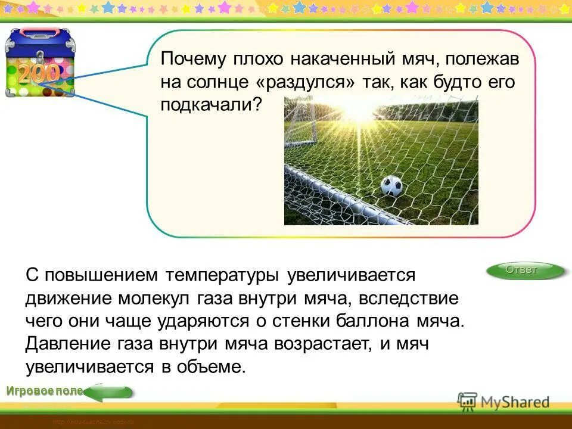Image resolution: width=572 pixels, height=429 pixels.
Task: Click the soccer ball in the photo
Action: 391,186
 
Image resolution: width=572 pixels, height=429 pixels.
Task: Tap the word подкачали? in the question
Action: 212,105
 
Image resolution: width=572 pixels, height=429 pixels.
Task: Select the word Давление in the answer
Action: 63,344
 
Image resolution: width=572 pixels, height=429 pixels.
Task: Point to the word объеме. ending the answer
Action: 211,366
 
